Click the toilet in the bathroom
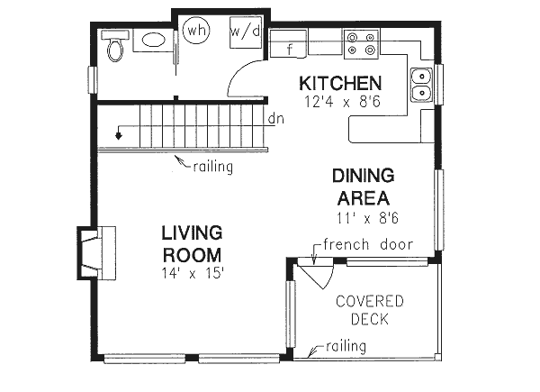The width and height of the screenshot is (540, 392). pos(113,47)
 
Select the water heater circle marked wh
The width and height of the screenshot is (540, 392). pos(196,31)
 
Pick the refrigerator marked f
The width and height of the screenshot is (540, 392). pos(289,48)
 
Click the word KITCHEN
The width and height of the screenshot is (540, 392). pos(340,84)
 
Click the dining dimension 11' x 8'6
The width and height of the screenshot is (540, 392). pos(367,216)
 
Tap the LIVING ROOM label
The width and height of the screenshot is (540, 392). pos(192,242)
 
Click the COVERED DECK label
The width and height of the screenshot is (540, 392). pos(369,309)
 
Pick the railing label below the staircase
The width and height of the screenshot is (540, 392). pos(212,166)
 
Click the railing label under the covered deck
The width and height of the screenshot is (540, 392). pos(346,347)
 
